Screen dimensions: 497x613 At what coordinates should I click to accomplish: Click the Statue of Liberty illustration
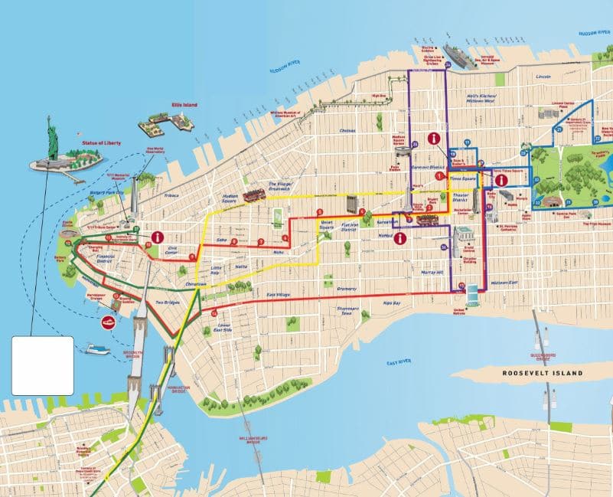coord(53,142)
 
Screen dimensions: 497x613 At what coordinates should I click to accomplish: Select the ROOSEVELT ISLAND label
coord(542,373)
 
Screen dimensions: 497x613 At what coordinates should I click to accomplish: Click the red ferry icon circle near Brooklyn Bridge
coord(109,322)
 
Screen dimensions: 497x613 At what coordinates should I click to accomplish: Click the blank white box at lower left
coord(43,365)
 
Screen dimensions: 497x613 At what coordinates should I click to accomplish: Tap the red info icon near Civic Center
coord(158,237)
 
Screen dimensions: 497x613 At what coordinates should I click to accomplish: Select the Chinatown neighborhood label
coord(197,284)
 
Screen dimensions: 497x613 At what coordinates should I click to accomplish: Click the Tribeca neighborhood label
coord(171,195)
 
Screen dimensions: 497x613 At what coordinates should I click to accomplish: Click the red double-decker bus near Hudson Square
coord(253,195)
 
